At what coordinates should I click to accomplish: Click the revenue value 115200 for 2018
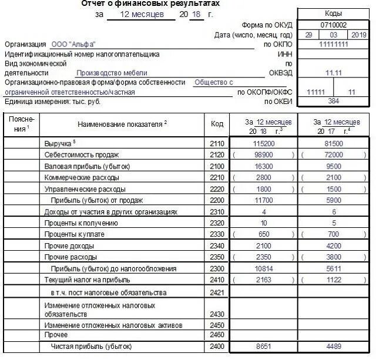tap(264, 143)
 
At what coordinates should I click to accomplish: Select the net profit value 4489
tap(334, 347)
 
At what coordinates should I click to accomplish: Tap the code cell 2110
tap(217, 143)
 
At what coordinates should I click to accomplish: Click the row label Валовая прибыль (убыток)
tap(82, 166)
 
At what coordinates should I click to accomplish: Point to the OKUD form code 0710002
tap(333, 25)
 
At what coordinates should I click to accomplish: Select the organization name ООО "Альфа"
tap(73, 45)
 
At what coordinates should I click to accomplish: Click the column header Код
tap(217, 124)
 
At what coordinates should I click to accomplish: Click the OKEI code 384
tap(333, 102)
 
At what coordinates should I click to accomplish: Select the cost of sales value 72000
tap(334, 154)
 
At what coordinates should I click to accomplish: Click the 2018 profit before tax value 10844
tap(264, 268)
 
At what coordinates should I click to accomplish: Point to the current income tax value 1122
tap(334, 280)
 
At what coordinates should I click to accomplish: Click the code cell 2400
tap(217, 347)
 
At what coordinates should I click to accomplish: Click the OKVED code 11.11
tap(333, 73)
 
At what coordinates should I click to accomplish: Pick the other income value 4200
tap(334, 245)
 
